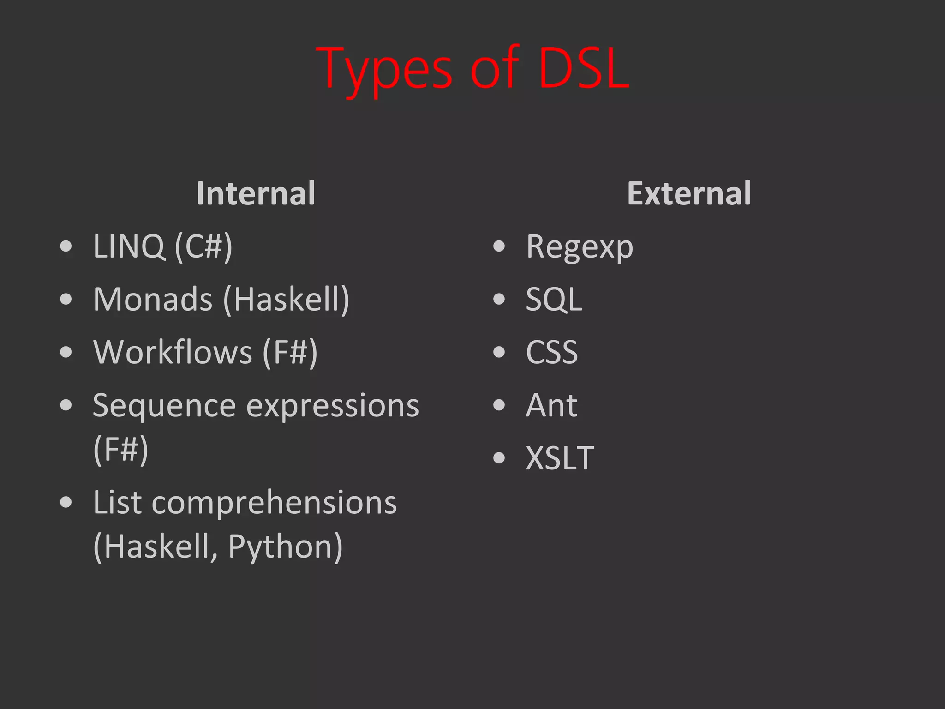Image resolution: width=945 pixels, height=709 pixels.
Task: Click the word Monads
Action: tap(153, 299)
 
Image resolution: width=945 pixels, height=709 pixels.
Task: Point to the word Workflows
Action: tap(173, 352)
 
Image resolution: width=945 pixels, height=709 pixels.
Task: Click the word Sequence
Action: tap(165, 406)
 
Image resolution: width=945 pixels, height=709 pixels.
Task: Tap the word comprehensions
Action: tap(274, 503)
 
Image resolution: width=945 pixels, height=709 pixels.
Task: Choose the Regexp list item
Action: tap(580, 247)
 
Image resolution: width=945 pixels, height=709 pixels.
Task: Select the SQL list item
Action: tap(554, 300)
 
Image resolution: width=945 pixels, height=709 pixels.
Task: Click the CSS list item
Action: tap(551, 352)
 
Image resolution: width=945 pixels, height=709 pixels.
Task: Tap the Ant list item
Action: tap(551, 405)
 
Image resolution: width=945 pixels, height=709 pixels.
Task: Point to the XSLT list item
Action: tap(560, 458)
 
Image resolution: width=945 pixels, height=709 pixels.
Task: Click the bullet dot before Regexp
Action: tap(499, 246)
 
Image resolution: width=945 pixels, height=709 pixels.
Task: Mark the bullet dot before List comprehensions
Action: tap(66, 502)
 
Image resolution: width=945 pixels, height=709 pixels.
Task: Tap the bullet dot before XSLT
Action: tap(499, 458)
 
